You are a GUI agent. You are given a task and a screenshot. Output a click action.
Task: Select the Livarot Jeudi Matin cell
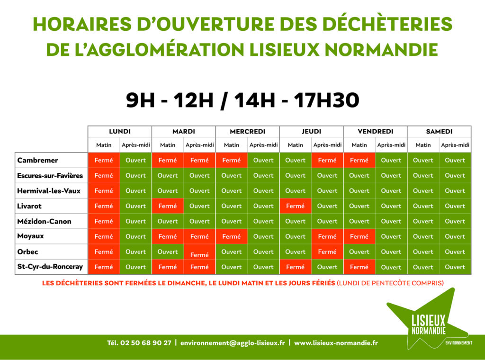pos(296,206)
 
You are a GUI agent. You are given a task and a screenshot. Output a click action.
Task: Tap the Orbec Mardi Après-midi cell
pos(199,252)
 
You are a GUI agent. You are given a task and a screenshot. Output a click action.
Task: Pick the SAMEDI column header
pos(439,131)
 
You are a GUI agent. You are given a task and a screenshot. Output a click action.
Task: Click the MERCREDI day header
pos(247,131)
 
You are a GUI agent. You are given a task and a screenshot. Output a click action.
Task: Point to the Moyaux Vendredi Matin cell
pos(359,236)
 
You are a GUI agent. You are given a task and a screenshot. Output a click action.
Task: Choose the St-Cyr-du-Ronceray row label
pos(50,267)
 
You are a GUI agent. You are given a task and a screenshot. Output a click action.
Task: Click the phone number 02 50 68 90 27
pos(146,342)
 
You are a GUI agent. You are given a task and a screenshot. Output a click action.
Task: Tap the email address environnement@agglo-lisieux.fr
pos(233,342)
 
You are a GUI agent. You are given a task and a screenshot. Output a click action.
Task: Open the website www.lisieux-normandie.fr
pos(336,342)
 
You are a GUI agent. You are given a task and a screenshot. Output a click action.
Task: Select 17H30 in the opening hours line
pos(326,100)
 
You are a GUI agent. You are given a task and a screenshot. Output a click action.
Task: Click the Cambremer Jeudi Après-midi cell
pos(327,160)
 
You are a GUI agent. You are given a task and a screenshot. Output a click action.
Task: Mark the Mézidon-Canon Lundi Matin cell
pos(104,221)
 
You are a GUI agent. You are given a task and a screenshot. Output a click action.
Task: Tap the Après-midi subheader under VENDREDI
pos(391,145)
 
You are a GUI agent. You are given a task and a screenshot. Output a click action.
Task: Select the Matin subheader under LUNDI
pos(104,145)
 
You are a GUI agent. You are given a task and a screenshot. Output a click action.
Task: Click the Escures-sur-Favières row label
pos(50,175)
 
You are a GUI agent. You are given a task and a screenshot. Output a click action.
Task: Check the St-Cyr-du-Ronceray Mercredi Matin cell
pos(231,267)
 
